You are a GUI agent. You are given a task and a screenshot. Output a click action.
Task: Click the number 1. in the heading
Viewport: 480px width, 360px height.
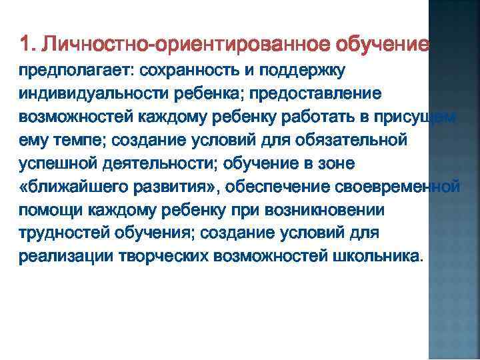coord(27,45)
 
